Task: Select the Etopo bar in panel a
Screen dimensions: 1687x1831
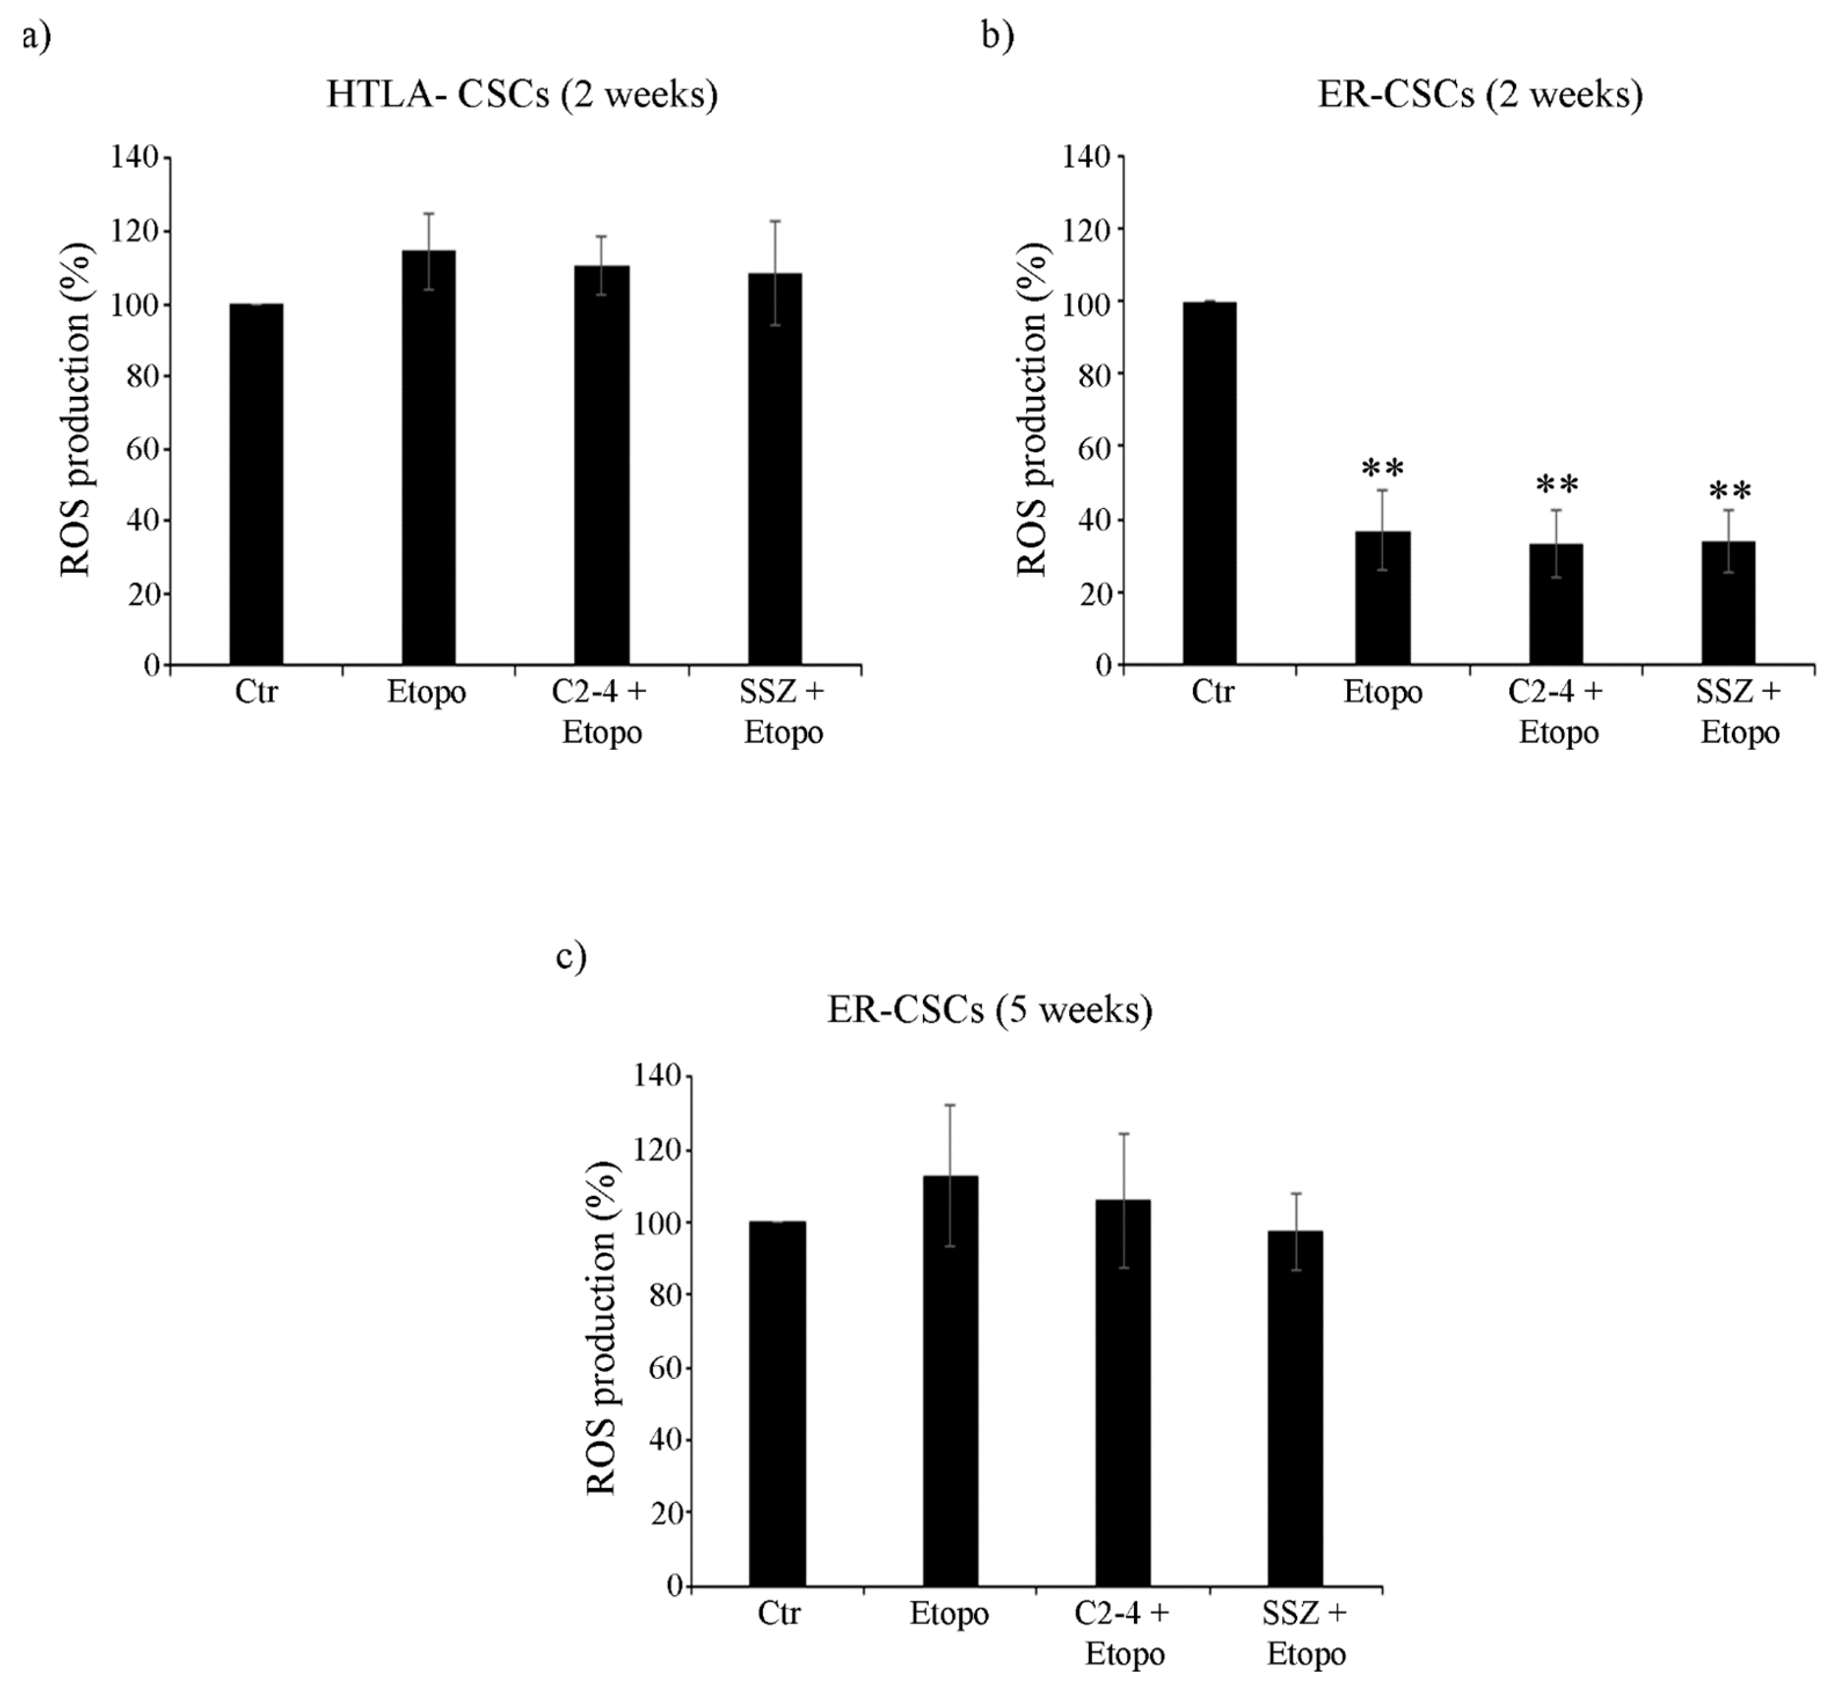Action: coord(428,456)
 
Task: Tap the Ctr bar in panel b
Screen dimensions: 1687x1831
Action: coord(1209,484)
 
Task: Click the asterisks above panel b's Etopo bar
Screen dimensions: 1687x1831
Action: coord(1383,469)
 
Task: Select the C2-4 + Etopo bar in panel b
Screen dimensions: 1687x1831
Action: coord(1556,602)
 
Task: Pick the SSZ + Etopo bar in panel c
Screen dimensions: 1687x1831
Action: coord(1295,1410)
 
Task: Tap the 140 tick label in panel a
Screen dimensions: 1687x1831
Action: coord(135,157)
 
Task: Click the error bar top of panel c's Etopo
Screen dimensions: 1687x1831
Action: coord(950,1106)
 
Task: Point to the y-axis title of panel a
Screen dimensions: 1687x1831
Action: coord(76,411)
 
